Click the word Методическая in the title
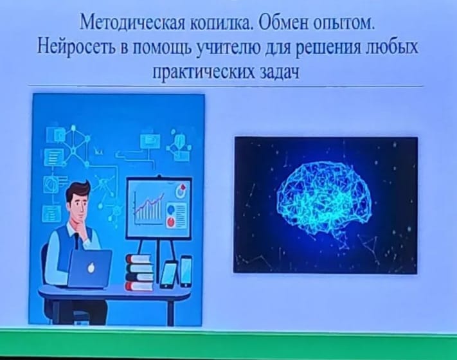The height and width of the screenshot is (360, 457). click(x=132, y=22)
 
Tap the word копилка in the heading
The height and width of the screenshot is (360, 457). click(x=221, y=23)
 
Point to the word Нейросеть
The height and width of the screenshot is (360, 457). click(x=76, y=47)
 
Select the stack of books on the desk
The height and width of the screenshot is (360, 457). click(x=139, y=273)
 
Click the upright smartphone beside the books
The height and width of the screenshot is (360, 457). click(x=186, y=271)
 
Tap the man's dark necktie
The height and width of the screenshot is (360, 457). click(x=77, y=241)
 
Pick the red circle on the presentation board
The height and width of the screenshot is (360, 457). click(x=171, y=222)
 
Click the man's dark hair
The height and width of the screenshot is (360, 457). click(x=77, y=190)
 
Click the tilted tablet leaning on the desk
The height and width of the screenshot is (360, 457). click(x=168, y=275)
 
